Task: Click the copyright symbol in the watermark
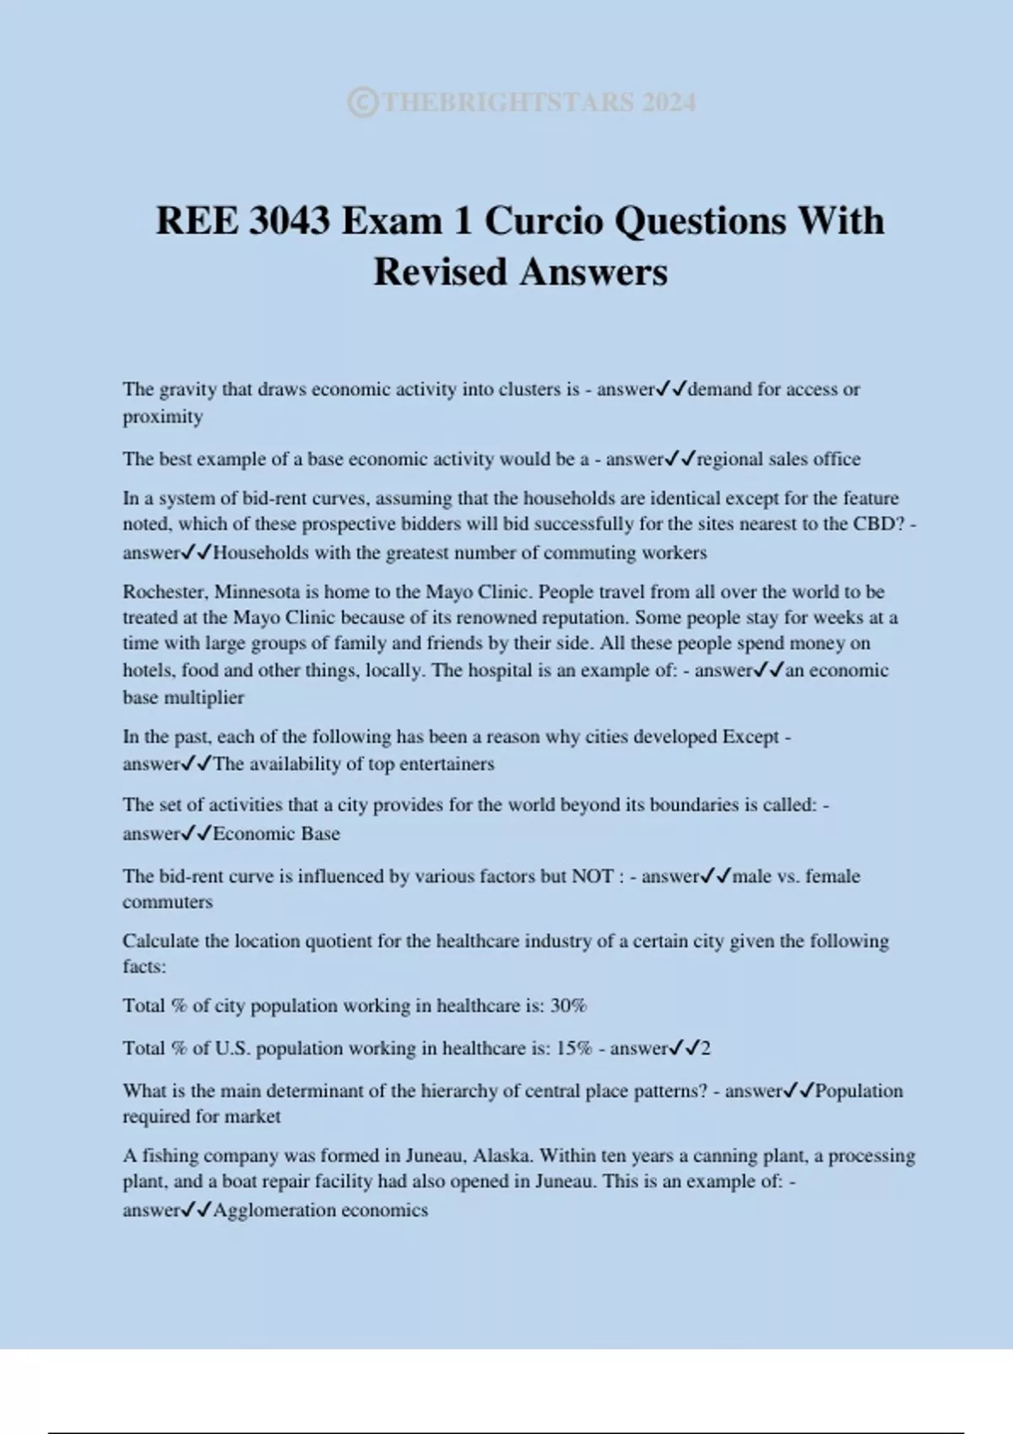pos(362,103)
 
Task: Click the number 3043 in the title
pos(290,221)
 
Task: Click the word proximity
pos(162,417)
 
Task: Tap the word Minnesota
pos(260,592)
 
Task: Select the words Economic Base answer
pos(276,834)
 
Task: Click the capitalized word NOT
pos(593,876)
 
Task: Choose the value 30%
pos(568,1006)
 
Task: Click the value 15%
pos(574,1049)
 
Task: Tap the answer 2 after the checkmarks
pos(706,1049)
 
